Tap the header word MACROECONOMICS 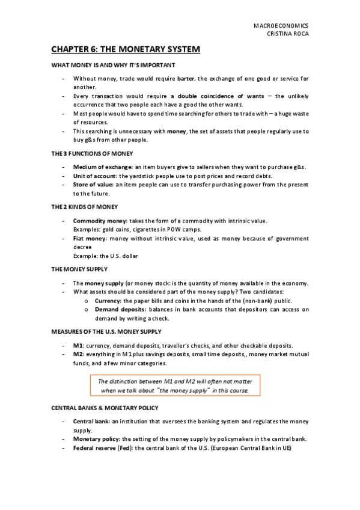282,26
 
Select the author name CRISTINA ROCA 287,34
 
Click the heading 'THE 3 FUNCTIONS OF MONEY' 88,154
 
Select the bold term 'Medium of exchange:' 102,167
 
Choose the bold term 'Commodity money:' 99,221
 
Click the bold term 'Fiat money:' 90,238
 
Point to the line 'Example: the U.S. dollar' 105,256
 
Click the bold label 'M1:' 78,346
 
